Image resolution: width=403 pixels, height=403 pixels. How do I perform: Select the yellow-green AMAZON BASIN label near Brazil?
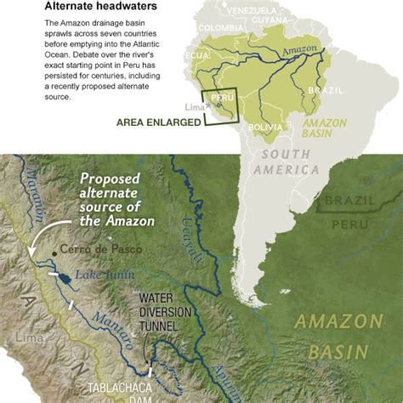click(325, 128)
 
